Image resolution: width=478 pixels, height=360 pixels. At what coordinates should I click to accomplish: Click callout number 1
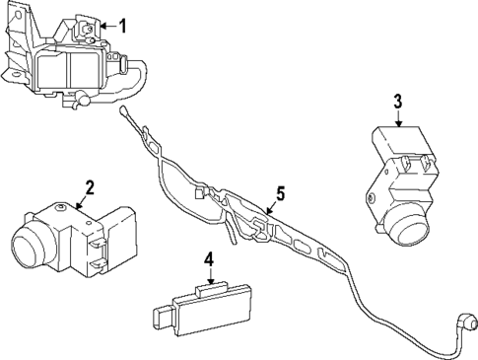pos(122,26)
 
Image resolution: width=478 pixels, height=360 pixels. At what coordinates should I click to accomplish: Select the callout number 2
pos(89,186)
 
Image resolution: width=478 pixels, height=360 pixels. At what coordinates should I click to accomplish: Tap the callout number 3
pos(398,101)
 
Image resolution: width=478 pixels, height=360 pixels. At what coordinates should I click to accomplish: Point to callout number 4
pos(208,259)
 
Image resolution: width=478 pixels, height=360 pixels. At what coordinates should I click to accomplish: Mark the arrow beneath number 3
pos(398,118)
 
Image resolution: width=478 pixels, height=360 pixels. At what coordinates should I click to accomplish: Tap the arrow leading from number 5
pos(268,207)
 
